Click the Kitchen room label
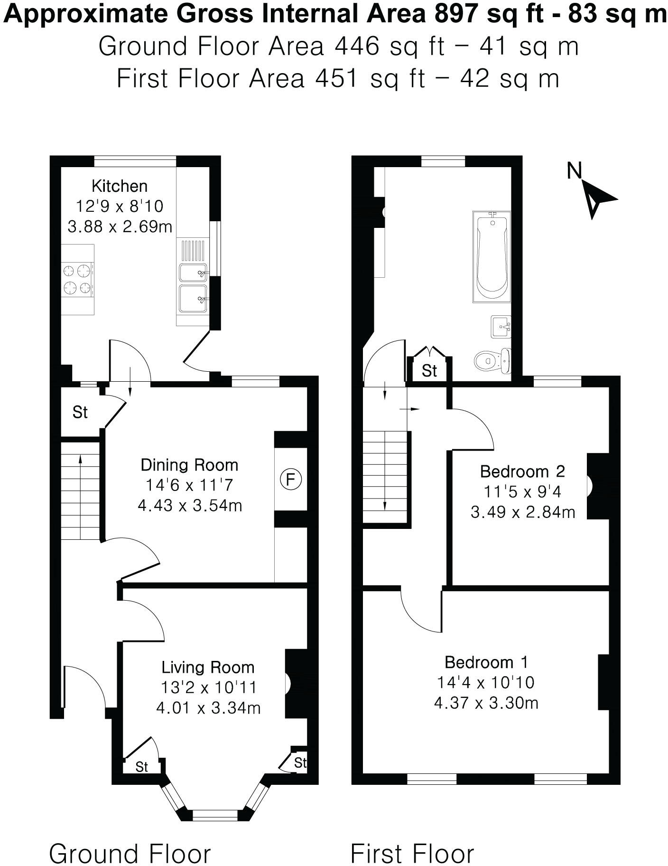120,186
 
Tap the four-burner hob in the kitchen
78,279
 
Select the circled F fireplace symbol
291,480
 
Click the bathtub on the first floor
492,257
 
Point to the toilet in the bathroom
492,361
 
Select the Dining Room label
189,465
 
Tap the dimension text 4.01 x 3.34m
208,708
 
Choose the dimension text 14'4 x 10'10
485,682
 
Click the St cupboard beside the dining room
80,412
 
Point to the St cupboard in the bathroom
429,370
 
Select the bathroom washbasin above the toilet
501,327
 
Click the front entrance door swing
85,684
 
